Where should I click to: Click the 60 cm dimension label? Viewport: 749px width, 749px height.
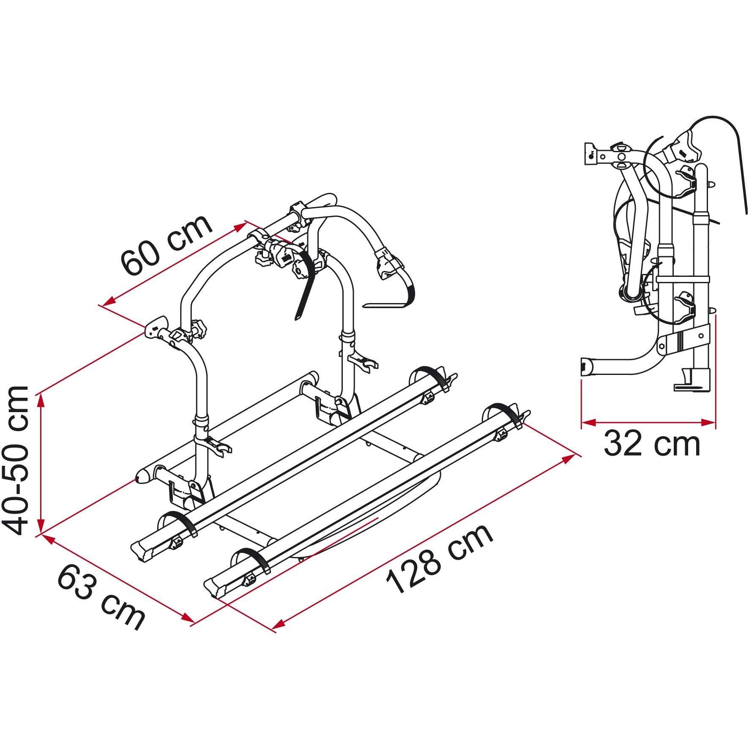click(166, 245)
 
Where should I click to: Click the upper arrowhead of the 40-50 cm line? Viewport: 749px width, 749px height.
click(41, 399)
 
